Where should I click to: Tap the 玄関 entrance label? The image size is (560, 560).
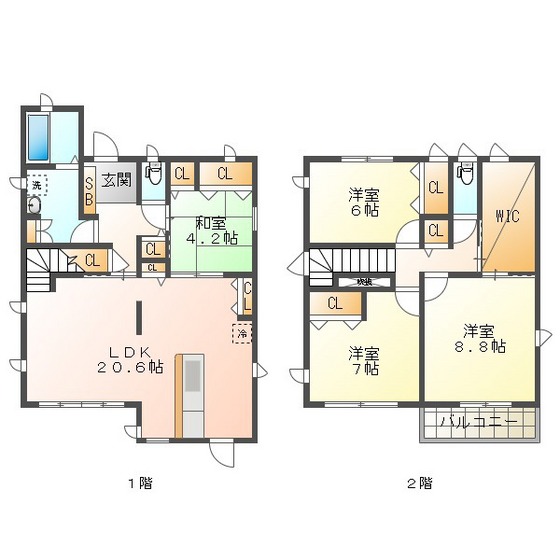(117, 181)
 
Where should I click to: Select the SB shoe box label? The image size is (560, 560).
(89, 189)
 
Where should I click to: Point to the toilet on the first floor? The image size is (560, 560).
(153, 174)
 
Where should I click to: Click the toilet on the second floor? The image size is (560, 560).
(465, 174)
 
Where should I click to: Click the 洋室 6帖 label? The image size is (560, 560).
(363, 202)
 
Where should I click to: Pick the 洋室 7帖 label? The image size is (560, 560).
(363, 360)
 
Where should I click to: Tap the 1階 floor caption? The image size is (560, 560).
(140, 483)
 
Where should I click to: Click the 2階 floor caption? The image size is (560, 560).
(420, 483)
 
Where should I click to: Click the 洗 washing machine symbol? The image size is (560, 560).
(36, 185)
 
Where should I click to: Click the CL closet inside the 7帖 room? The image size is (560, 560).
(334, 304)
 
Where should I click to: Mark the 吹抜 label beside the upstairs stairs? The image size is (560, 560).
(365, 282)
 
